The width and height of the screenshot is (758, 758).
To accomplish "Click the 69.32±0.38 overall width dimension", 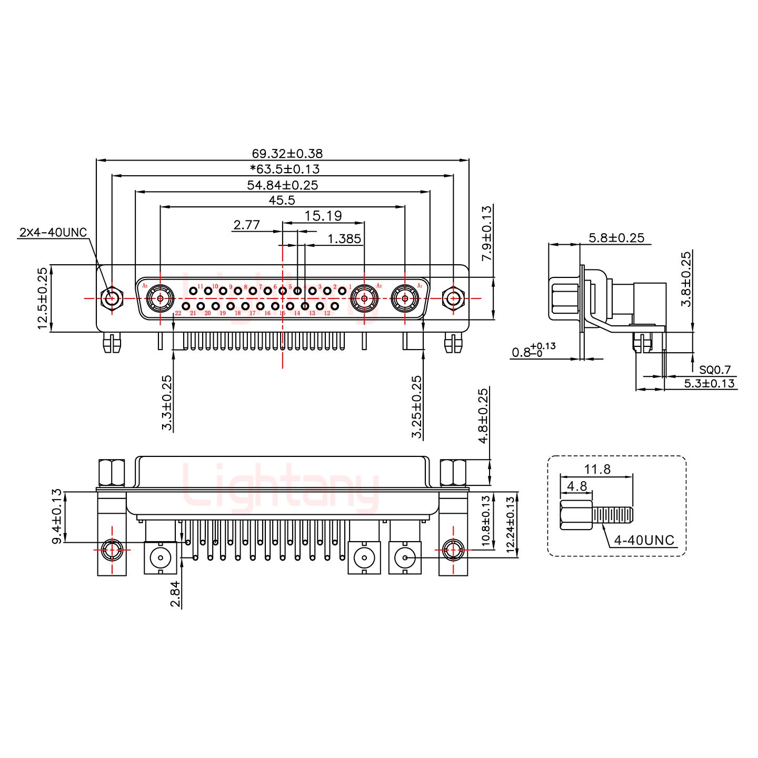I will pyautogui.click(x=287, y=154).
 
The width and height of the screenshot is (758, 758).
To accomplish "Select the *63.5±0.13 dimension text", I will pyautogui.click(x=284, y=169).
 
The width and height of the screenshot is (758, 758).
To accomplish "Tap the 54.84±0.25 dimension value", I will pyautogui.click(x=283, y=185).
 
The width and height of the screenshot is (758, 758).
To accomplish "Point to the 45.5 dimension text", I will pyautogui.click(x=283, y=200).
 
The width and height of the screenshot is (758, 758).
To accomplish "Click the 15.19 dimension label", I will pyautogui.click(x=323, y=215).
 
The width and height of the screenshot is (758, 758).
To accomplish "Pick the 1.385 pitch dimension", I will pyautogui.click(x=344, y=239).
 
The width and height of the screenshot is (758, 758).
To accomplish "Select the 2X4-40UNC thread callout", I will pyautogui.click(x=53, y=233).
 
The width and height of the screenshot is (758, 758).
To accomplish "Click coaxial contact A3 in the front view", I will pyautogui.click(x=159, y=299).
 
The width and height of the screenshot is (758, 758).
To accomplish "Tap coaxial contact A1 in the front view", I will pyautogui.click(x=405, y=299).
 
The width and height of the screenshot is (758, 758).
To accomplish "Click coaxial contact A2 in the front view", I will pyautogui.click(x=364, y=299).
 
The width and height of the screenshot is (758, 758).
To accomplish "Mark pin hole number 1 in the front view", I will pyautogui.click(x=342, y=291).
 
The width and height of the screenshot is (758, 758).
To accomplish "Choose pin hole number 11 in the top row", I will pyautogui.click(x=194, y=291).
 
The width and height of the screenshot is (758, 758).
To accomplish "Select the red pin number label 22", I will pyautogui.click(x=178, y=314).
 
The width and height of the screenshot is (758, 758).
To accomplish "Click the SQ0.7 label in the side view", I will pyautogui.click(x=715, y=370).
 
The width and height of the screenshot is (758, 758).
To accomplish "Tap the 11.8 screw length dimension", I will pyautogui.click(x=597, y=469).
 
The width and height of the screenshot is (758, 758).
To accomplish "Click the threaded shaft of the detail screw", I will pyautogui.click(x=613, y=514).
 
